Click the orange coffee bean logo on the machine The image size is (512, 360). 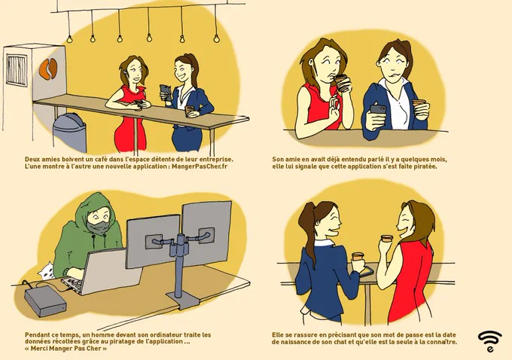tap(48, 69)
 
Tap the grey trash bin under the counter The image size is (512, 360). tap(69, 133)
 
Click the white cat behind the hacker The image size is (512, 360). tap(47, 270)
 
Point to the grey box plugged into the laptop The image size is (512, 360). tap(45, 301)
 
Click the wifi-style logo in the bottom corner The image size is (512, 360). tap(490, 341)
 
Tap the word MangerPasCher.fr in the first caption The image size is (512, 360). tap(200, 166)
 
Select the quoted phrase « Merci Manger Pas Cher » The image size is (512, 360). tap(66, 348)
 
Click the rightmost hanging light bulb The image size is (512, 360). tap(216, 38)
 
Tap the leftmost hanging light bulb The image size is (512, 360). tap(69, 39)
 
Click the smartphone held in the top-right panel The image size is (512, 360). tap(378, 109)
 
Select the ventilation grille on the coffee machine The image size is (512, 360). tap(17, 70)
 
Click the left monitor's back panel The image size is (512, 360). tap(153, 241)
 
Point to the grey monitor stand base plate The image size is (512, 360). tap(183, 301)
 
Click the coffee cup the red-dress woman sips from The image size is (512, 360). tap(342, 83)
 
